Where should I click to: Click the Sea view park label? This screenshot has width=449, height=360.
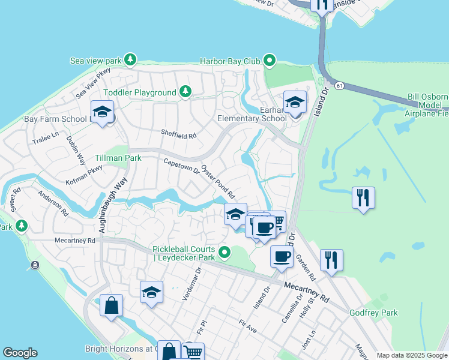(x=96, y=61)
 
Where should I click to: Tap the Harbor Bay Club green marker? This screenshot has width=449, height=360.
(x=270, y=60)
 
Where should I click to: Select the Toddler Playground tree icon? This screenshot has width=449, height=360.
(x=186, y=92)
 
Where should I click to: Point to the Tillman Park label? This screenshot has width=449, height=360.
(x=118, y=158)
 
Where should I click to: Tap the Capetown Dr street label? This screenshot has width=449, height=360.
(x=181, y=166)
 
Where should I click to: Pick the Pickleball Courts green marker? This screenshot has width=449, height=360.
(x=224, y=252)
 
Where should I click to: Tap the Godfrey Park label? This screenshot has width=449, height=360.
(x=373, y=313)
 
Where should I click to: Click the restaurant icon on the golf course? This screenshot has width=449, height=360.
(x=363, y=197)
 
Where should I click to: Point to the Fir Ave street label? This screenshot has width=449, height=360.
(x=247, y=327)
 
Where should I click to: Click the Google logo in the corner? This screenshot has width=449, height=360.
(x=20, y=352)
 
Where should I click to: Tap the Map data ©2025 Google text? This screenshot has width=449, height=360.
(x=411, y=355)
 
